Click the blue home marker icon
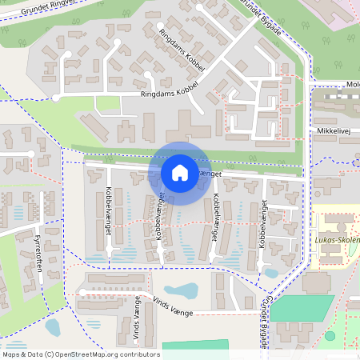pos(180,172)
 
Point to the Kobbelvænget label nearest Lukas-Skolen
pos(262,225)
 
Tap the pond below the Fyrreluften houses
pos(53,326)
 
